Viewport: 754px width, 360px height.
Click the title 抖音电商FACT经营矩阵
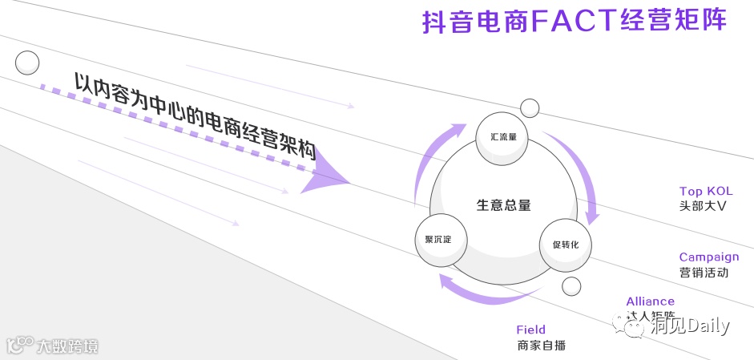pyautogui.click(x=574, y=21)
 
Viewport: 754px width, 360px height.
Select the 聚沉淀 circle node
pyautogui.click(x=437, y=240)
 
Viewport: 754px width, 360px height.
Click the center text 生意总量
pyautogui.click(x=503, y=205)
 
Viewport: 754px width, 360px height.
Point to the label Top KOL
pyautogui.click(x=705, y=191)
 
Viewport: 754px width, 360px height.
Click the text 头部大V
pyautogui.click(x=702, y=206)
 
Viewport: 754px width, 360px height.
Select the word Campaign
pyautogui.click(x=708, y=257)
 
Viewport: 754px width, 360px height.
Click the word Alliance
pyautogui.click(x=650, y=301)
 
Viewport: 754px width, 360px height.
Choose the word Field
pyautogui.click(x=530, y=330)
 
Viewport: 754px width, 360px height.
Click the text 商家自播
pyautogui.click(x=542, y=346)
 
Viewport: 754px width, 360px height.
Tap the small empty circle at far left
pyautogui.click(x=27, y=62)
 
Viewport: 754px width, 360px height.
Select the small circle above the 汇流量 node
pyautogui.click(x=530, y=107)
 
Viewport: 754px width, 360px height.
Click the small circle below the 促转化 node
pyautogui.click(x=571, y=286)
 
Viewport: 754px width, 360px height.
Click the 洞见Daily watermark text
pyautogui.click(x=688, y=326)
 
